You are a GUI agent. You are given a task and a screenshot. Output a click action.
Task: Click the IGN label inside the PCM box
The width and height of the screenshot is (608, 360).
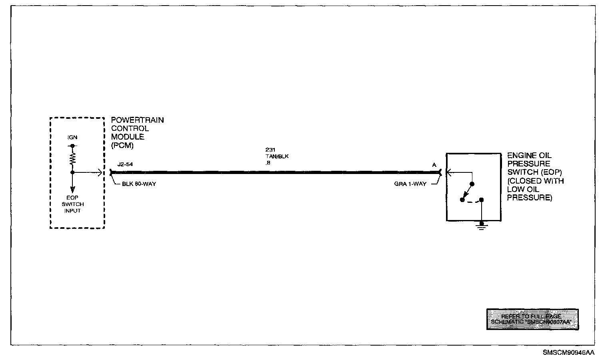(x=72, y=137)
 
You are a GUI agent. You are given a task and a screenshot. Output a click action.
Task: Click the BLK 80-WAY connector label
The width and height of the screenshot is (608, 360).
(x=139, y=184)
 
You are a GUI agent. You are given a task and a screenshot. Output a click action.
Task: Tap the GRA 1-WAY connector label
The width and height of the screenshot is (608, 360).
(x=410, y=184)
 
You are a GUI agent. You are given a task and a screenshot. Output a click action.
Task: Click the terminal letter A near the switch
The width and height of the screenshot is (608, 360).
(x=434, y=165)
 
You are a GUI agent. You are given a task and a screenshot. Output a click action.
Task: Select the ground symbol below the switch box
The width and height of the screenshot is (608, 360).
(x=482, y=226)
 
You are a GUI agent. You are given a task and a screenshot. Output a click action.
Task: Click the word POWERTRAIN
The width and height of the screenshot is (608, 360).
(x=137, y=120)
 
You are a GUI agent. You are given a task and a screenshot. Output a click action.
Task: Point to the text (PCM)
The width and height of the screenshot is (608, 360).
(x=122, y=146)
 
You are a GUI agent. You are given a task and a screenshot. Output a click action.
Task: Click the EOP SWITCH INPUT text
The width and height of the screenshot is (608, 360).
(x=72, y=204)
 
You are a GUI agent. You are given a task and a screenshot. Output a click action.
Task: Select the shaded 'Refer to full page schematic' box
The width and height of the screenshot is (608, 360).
(x=532, y=319)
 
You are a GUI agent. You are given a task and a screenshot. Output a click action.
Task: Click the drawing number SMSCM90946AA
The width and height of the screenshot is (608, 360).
(x=568, y=352)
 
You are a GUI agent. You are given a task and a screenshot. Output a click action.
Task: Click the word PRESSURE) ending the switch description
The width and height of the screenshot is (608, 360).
(x=530, y=198)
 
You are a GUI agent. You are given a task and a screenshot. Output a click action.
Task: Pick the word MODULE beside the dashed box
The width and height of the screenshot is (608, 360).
(x=128, y=137)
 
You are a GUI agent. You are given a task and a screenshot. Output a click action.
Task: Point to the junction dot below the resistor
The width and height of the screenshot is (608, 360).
(x=72, y=172)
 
